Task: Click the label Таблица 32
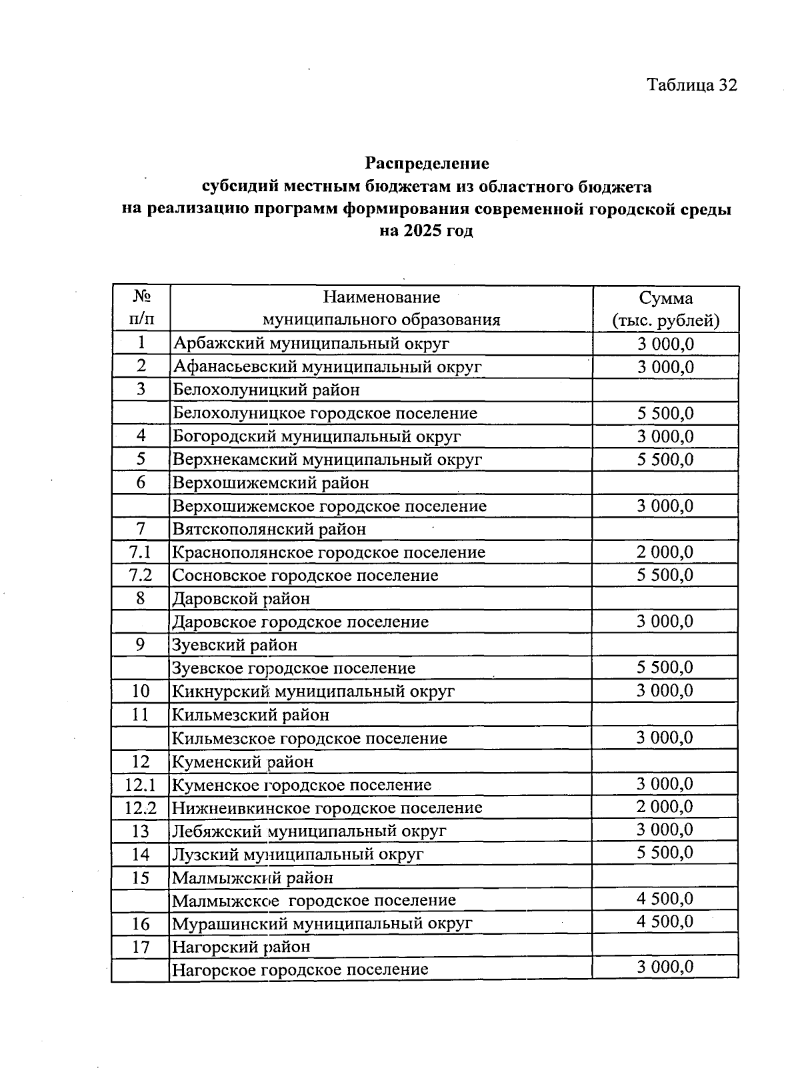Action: [692, 85]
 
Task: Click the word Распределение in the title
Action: [427, 163]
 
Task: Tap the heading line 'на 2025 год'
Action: [427, 231]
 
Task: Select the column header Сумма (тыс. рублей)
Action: [665, 309]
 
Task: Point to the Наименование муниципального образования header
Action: [381, 308]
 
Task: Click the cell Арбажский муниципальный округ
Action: [311, 344]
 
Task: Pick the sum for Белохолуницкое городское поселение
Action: [665, 413]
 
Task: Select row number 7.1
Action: [141, 552]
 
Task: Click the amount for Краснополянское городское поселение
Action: [665, 552]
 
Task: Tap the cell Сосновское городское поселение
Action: [305, 575]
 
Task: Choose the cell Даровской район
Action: [241, 598]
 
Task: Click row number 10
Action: [141, 691]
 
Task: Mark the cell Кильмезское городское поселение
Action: [310, 738]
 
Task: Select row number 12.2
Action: [141, 808]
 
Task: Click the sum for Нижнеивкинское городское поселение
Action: [665, 807]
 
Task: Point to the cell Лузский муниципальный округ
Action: [298, 854]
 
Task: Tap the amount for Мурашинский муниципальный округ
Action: [665, 922]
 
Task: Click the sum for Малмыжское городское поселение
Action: [665, 899]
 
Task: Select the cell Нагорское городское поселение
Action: [300, 969]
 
